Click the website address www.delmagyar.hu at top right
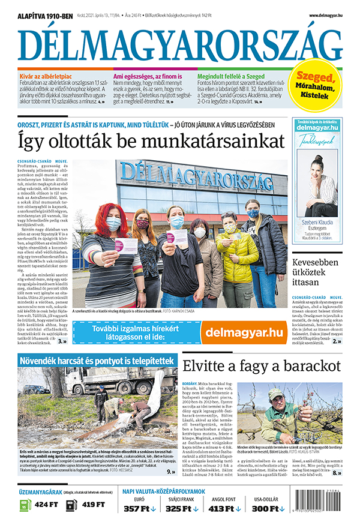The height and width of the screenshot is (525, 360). coord(326,15)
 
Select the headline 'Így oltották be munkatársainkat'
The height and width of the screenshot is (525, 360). coord(150,142)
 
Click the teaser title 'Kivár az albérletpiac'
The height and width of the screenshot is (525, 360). coord(46,76)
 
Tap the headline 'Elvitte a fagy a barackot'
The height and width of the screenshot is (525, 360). coord(261,366)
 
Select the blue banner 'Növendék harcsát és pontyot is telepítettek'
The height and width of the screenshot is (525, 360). coord(97,361)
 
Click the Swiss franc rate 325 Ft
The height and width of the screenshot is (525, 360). coord(181,509)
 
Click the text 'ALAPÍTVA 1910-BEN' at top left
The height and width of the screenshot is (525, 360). coord(46,15)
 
